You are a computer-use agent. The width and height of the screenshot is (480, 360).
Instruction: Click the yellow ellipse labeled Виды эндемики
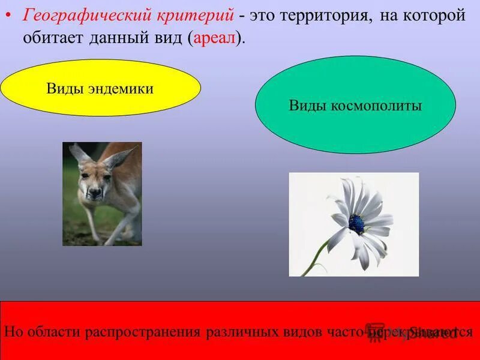click(x=100, y=89)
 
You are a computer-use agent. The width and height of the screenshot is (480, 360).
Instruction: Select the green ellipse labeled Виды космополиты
click(x=355, y=106)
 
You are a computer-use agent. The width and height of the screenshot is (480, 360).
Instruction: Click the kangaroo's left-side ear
click(x=77, y=154)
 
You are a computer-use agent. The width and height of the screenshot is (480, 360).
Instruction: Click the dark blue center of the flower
click(x=356, y=224)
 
